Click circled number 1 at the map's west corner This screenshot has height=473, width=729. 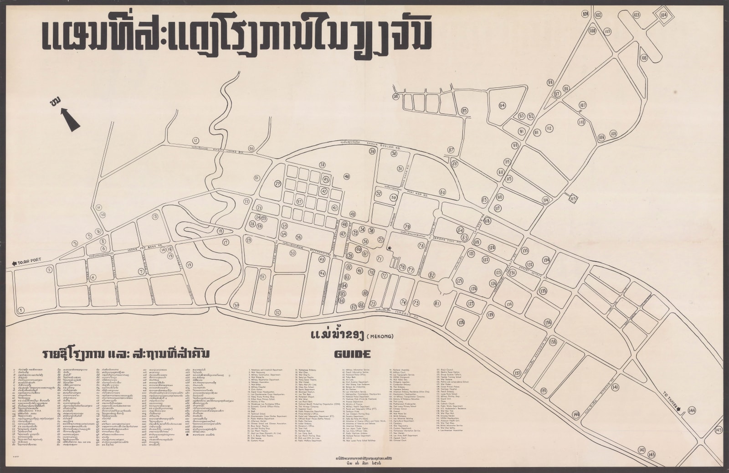tap(21, 310)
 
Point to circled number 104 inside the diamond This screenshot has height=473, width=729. tap(663, 15)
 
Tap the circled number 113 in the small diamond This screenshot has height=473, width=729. tap(573, 199)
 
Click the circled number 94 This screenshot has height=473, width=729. tap(502, 106)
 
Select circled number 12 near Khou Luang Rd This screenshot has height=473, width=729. tap(196, 140)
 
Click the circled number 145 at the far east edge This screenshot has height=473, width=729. tap(719, 430)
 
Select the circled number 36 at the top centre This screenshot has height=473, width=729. tap(395, 97)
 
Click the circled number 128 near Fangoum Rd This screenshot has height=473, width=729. tap(461, 323)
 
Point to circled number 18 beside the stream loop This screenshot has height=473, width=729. tap(221, 231)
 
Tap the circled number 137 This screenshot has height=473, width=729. tap(517, 373)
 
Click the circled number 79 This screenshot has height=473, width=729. tap(407, 226)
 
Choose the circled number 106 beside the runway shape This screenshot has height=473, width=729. tap(644, 58)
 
